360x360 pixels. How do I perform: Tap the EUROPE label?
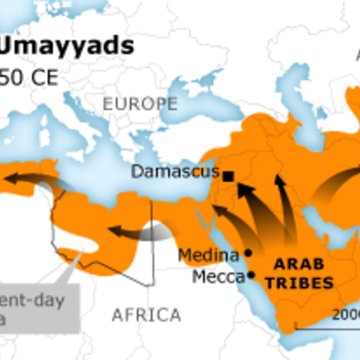139,103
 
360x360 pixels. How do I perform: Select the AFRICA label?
147,314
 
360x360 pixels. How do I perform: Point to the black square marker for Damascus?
229,176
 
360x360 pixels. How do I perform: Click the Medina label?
208,255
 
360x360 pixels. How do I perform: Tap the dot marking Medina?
247,253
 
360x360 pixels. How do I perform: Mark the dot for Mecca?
251,274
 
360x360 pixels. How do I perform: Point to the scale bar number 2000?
346,314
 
